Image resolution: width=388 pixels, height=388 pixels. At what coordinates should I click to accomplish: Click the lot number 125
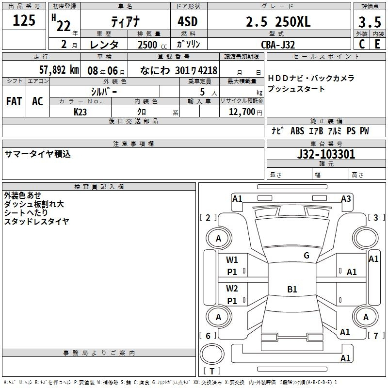tap(24, 20)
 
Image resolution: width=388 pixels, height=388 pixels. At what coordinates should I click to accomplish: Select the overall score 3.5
tap(370, 22)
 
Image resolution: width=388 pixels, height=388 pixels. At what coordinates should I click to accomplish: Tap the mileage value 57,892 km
tap(59, 70)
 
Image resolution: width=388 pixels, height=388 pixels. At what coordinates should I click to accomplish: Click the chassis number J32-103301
tap(326, 154)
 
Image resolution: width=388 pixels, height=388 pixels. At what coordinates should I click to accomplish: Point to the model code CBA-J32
tap(278, 45)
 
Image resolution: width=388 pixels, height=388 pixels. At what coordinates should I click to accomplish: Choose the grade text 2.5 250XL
tap(278, 22)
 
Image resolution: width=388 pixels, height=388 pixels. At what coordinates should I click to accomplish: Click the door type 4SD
tap(188, 22)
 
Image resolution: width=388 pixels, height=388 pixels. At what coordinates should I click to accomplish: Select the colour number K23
tap(80, 112)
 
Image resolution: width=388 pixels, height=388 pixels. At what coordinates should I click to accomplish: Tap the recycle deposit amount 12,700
tap(242, 112)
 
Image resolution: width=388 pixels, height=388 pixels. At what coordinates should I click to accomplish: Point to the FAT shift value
tap(14, 101)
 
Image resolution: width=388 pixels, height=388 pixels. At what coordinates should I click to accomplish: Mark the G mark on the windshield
tap(307, 256)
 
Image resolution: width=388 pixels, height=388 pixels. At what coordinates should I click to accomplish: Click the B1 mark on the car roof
tap(292, 289)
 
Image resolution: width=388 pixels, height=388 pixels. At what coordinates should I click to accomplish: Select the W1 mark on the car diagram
tap(232, 260)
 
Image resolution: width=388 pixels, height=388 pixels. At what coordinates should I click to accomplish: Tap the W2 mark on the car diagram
tap(232, 289)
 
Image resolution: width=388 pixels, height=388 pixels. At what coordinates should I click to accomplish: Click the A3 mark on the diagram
tap(346, 199)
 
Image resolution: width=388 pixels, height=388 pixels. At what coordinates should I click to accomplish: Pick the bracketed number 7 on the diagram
tap(376, 336)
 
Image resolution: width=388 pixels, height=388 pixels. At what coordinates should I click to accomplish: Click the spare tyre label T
tap(212, 371)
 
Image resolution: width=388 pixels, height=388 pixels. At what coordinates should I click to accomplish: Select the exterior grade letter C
tap(362, 44)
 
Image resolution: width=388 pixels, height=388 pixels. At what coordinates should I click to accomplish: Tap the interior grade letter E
tap(377, 44)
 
